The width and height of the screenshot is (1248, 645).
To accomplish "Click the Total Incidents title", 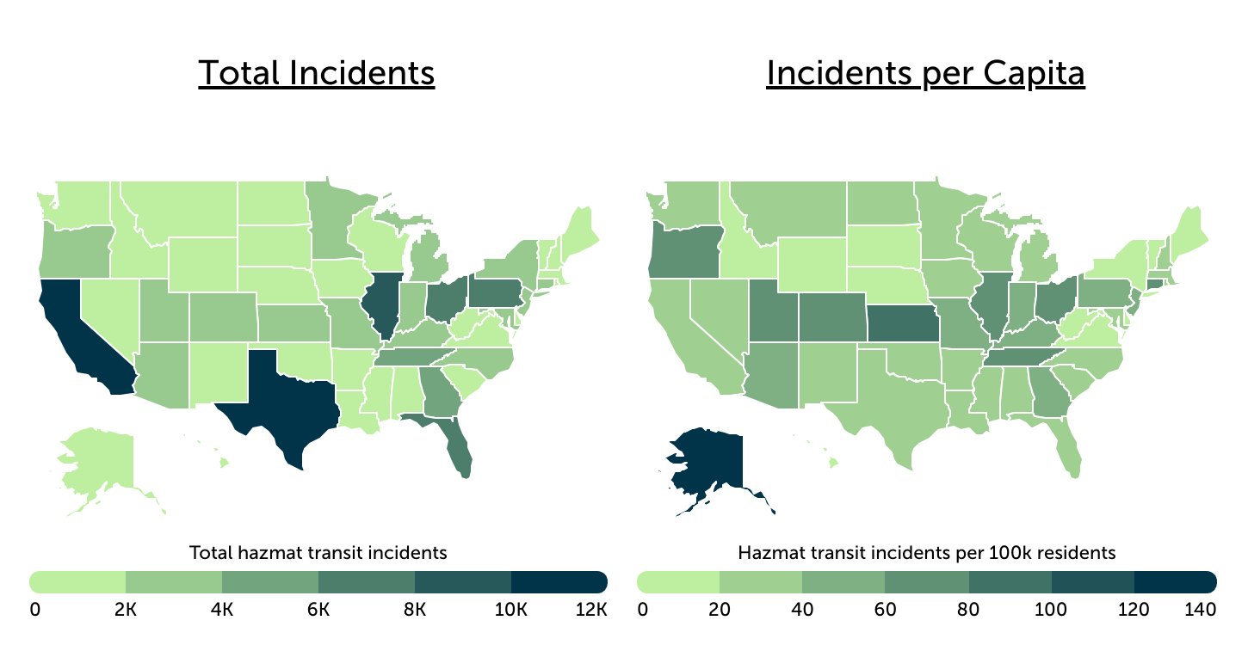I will pyautogui.click(x=316, y=74).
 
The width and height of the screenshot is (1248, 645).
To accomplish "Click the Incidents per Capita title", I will pyautogui.click(x=925, y=74).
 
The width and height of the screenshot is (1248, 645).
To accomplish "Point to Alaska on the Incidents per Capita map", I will pyautogui.click(x=710, y=469).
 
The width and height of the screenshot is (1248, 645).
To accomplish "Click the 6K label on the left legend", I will pyautogui.click(x=318, y=610).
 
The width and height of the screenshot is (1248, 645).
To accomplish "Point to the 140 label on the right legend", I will pyautogui.click(x=1200, y=610).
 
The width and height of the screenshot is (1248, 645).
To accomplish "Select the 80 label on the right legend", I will pyautogui.click(x=968, y=610).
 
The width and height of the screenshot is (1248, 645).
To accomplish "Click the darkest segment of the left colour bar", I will pyautogui.click(x=559, y=581).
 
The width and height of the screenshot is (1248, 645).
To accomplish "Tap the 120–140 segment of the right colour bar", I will pyautogui.click(x=1174, y=581).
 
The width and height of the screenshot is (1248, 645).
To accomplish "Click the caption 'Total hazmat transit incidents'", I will pyautogui.click(x=318, y=552).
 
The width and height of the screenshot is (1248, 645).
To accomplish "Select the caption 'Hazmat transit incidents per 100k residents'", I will pyautogui.click(x=926, y=552).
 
